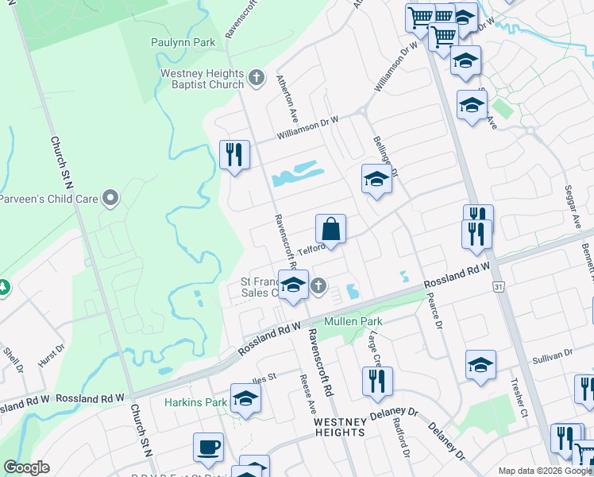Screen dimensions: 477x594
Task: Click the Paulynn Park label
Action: [183, 42]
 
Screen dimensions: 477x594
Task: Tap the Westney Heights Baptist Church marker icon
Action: [256, 78]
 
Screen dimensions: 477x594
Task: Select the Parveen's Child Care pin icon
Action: [110, 196]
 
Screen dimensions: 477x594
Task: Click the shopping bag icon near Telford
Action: [330, 230]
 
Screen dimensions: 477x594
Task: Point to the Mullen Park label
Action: [358, 321]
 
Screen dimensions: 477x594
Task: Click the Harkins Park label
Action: [195, 402]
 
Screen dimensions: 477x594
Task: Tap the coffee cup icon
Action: [209, 447]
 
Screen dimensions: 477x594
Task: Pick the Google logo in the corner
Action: [26, 467]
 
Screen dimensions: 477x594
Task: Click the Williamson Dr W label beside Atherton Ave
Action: [307, 127]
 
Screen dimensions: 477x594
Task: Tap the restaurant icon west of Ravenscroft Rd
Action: [234, 154]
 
